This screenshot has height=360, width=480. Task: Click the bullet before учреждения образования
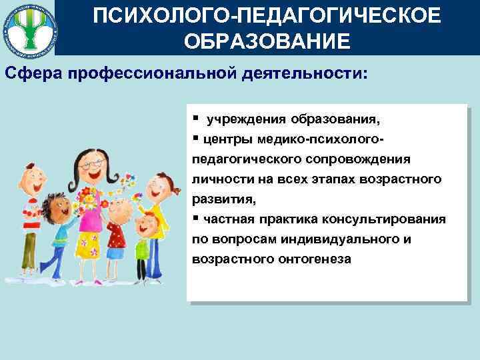pyautogui.click(x=194, y=118)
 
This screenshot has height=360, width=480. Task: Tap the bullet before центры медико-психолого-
pyautogui.click(x=194, y=138)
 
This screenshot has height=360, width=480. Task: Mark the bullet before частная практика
pyautogui.click(x=194, y=218)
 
